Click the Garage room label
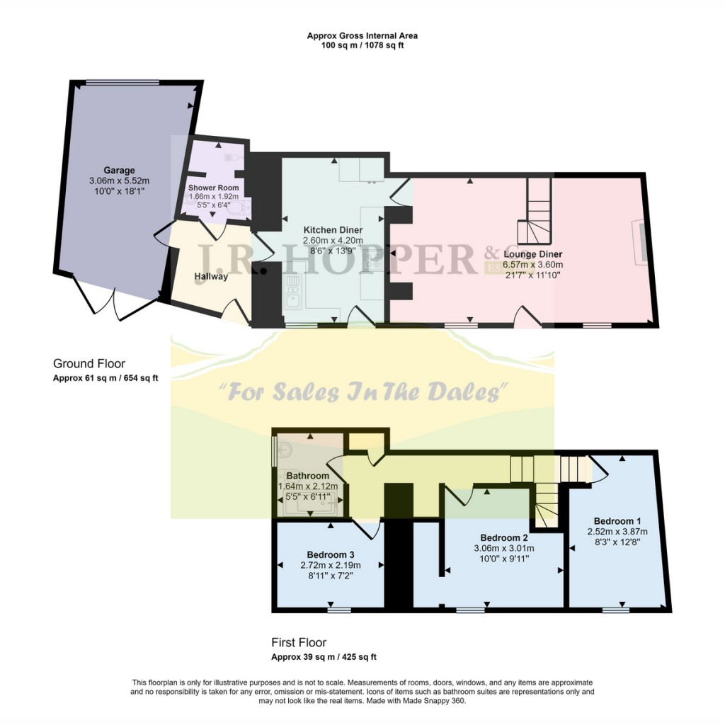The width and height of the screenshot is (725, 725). click(x=120, y=171)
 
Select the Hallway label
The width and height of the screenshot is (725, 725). click(x=211, y=276)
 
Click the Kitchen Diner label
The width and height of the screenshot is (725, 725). click(x=333, y=230)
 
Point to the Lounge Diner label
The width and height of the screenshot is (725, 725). click(x=532, y=254)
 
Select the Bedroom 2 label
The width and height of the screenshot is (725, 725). click(x=503, y=537)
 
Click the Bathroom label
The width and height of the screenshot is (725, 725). click(x=307, y=476)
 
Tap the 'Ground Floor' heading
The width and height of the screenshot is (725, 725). click(x=89, y=364)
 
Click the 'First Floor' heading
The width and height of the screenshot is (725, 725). click(x=299, y=643)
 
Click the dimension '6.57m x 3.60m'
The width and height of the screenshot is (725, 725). click(x=532, y=265)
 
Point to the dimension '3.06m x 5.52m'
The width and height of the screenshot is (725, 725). click(x=120, y=181)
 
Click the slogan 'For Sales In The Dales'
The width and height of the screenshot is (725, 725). click(x=363, y=391)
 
